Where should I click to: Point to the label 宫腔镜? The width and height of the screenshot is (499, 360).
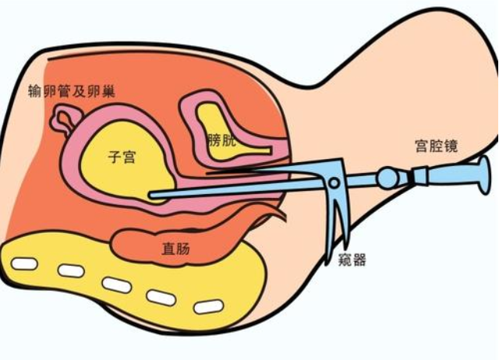tap(437, 146)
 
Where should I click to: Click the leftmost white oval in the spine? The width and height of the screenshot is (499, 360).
tap(25, 263)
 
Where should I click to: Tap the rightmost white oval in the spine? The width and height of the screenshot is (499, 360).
tap(208, 307)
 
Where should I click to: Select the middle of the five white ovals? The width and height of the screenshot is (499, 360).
tap(117, 285)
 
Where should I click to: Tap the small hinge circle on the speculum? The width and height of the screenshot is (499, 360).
tap(334, 185)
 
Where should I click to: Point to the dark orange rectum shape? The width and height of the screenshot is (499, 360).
tap(156, 243)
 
